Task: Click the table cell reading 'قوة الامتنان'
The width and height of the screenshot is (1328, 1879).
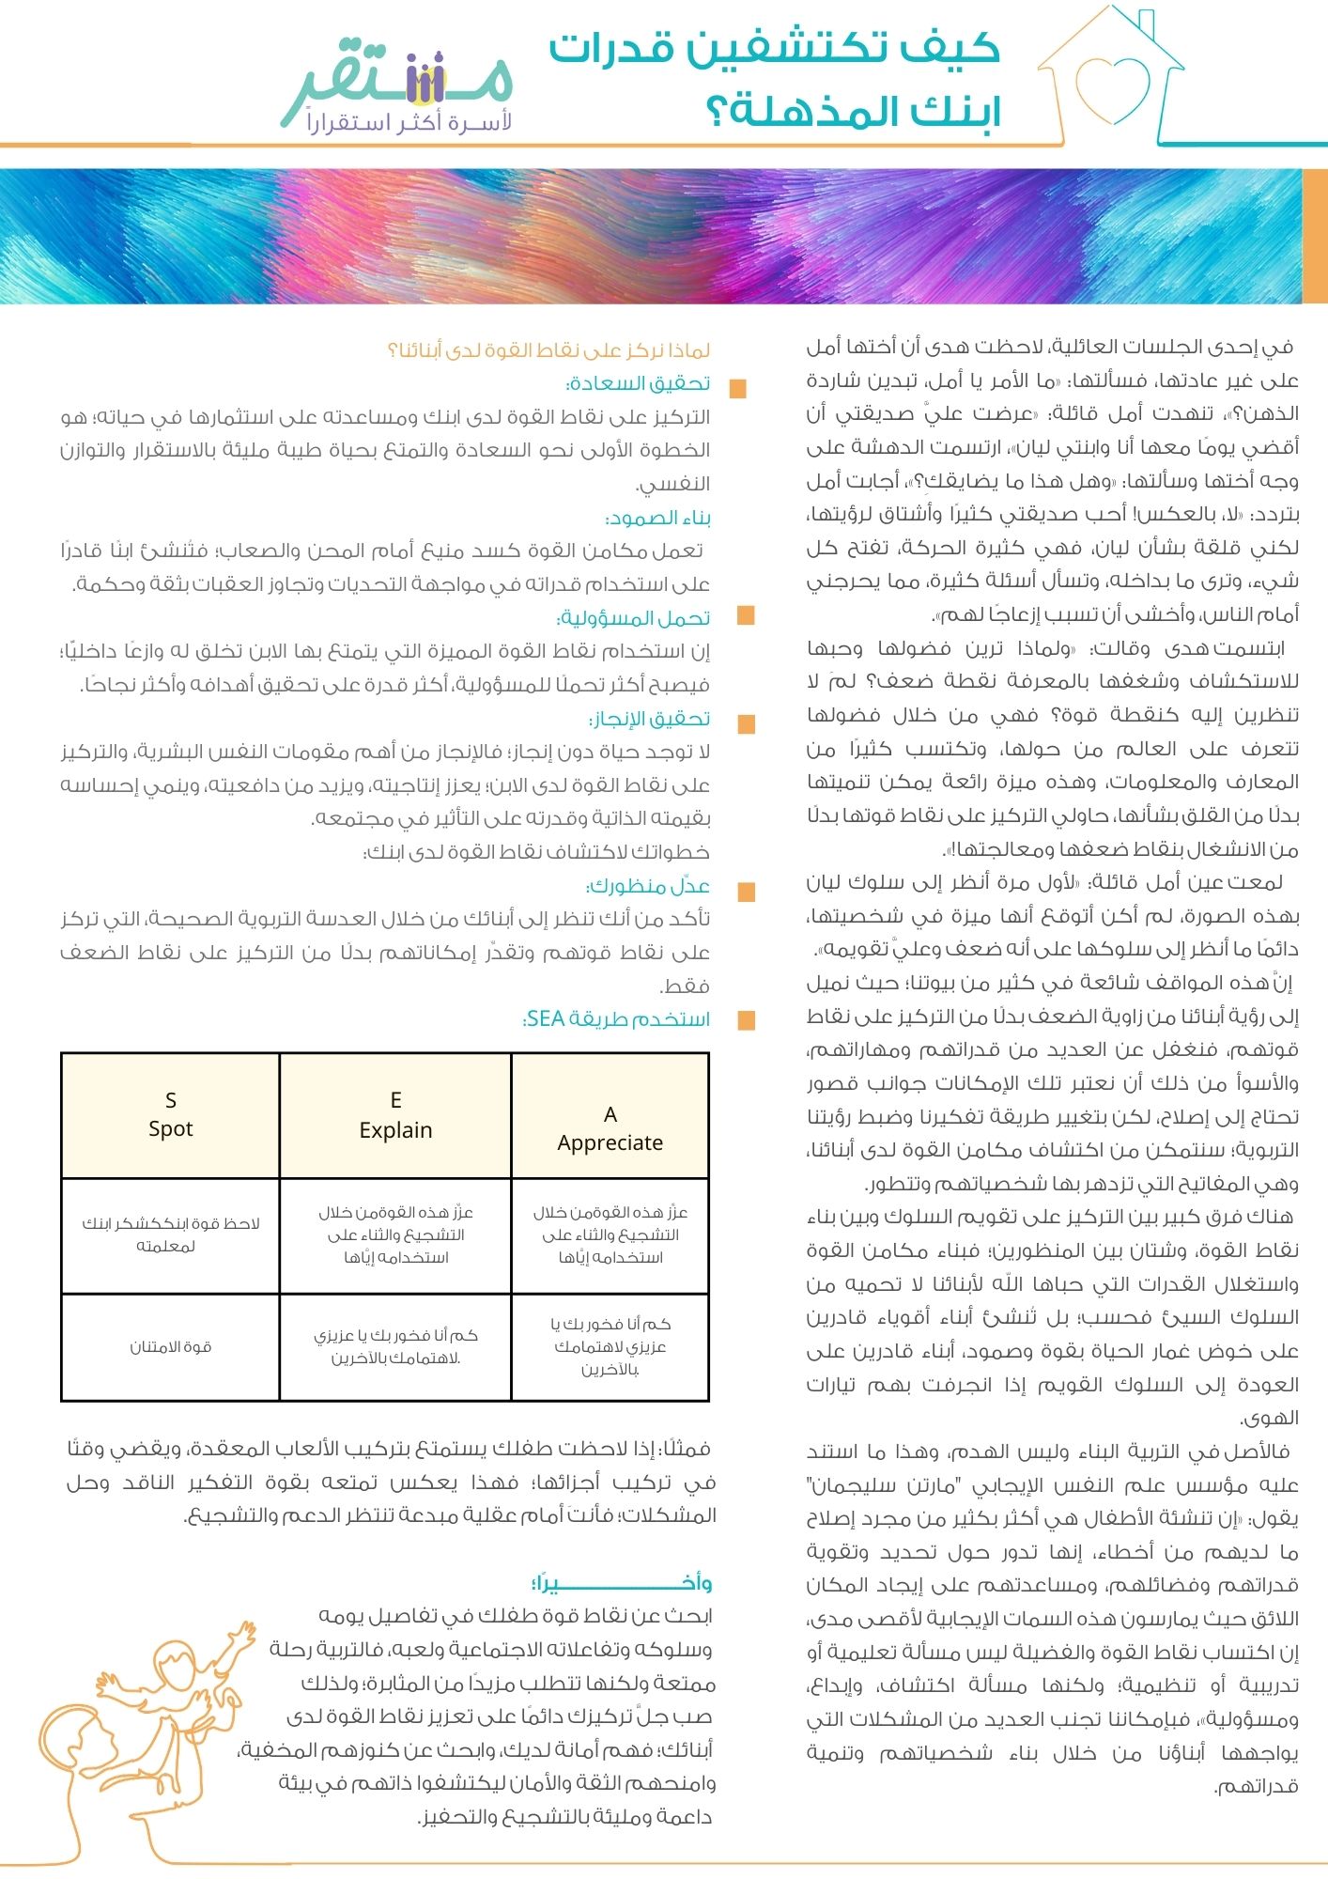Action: [x=170, y=1347]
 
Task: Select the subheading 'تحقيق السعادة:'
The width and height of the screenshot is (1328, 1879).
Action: [x=638, y=383]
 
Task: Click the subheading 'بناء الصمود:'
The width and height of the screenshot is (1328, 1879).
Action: [x=658, y=518]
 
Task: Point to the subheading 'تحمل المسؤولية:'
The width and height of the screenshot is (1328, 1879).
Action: [x=634, y=618]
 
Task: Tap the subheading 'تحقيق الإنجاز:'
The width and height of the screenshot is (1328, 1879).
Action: [x=649, y=719]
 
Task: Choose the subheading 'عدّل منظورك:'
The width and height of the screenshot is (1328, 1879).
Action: [x=648, y=886]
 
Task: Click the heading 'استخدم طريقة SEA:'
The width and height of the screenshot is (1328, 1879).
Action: [x=615, y=1019]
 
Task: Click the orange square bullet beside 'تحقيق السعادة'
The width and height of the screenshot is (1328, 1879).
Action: [x=738, y=388]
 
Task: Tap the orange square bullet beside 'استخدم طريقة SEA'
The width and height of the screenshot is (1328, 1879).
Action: [x=747, y=1021]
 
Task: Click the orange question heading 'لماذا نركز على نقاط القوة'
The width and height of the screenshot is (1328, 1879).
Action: [x=548, y=350]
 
